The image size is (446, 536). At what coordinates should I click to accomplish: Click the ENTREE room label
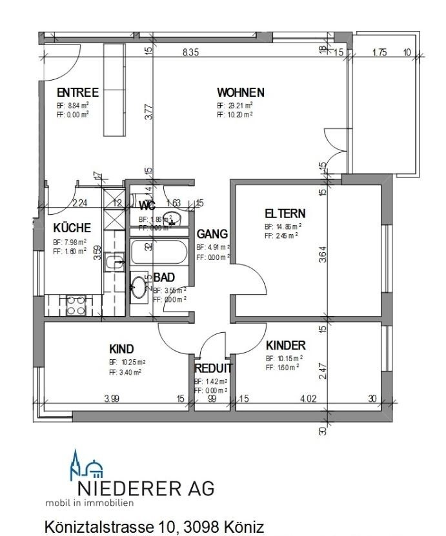point(77,92)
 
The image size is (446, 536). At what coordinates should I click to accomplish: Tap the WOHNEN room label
point(240,92)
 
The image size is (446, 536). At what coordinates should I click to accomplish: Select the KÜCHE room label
point(72,228)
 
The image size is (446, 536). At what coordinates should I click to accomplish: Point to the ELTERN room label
point(285,213)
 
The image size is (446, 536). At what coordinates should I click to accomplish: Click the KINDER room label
point(286,345)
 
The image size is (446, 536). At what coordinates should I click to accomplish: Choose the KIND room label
point(121,349)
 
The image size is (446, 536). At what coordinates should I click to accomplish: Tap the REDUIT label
point(213,368)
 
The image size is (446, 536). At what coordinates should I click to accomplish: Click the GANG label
point(212,233)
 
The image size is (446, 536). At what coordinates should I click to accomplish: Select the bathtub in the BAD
point(159,252)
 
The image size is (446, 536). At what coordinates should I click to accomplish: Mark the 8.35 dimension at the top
point(190,53)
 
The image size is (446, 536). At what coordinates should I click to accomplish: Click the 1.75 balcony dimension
point(380,53)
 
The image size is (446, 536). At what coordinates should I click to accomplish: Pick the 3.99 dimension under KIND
point(112,399)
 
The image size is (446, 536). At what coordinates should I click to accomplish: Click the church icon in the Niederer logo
point(85,466)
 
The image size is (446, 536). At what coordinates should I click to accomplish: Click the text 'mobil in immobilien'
point(89,502)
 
